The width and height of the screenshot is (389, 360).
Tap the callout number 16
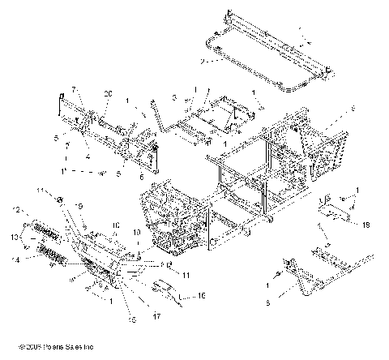tap(202, 298)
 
